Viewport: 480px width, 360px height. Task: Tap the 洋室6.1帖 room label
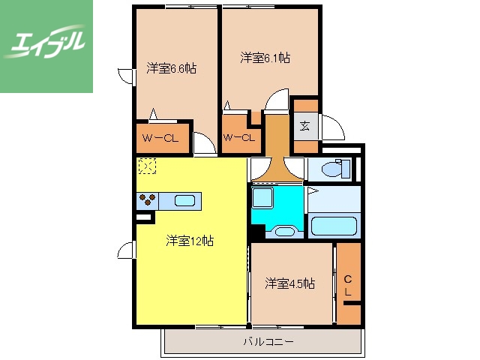pyautogui.click(x=265, y=57)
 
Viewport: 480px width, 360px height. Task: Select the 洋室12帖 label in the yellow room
pyautogui.click(x=190, y=241)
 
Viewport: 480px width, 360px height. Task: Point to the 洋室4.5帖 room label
pyautogui.click(x=289, y=283)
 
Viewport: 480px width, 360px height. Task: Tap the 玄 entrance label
pyautogui.click(x=305, y=126)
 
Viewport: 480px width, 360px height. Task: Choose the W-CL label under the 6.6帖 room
pyautogui.click(x=160, y=137)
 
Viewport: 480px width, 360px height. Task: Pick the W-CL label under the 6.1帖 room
pyautogui.click(x=239, y=137)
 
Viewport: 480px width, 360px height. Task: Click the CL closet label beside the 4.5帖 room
pyautogui.click(x=348, y=285)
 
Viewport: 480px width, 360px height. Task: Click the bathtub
pyautogui.click(x=334, y=225)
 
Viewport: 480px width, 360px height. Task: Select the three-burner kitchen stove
pyautogui.click(x=147, y=199)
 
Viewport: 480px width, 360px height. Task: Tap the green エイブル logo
pyautogui.click(x=46, y=46)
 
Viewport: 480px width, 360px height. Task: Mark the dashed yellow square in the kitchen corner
pyautogui.click(x=146, y=166)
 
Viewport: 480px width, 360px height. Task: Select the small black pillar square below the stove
pyautogui.click(x=140, y=217)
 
